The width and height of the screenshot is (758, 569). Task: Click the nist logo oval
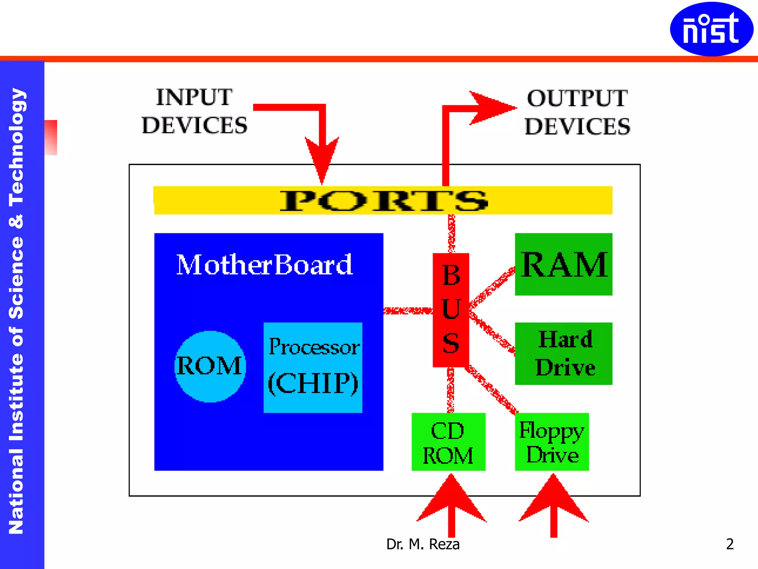711,29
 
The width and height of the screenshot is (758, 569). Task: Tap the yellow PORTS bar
383,200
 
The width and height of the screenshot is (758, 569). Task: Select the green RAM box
563,264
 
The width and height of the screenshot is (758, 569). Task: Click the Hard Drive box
563,353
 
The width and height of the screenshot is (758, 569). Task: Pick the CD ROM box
448,442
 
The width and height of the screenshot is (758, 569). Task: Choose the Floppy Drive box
551,442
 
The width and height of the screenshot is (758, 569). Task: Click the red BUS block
451,310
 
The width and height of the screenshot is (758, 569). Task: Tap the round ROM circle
210,366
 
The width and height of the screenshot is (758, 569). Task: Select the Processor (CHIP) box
313,367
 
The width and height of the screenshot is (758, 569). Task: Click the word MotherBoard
264,264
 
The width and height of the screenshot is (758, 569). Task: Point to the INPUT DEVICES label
194,111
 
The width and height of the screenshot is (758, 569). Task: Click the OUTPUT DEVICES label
577,112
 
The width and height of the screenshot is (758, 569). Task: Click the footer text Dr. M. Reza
423,544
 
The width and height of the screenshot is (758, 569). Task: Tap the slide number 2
730,544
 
